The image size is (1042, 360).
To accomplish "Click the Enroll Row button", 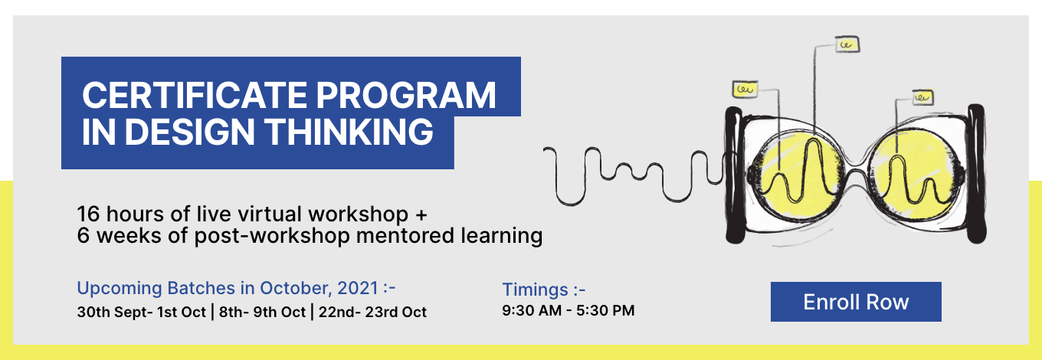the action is [x=856, y=301].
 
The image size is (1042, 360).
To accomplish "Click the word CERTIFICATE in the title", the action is [x=195, y=95].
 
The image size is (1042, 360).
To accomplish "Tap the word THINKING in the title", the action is [x=349, y=132].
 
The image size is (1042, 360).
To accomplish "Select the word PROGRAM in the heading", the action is [x=406, y=95].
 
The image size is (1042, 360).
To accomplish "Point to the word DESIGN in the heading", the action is [x=189, y=132].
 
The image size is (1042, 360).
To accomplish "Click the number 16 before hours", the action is [x=88, y=214].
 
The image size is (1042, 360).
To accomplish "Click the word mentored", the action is [x=405, y=235].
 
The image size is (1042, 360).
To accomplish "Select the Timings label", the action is [x=544, y=290].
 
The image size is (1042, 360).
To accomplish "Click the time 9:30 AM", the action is [x=532, y=310].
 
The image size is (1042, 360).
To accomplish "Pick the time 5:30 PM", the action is [x=605, y=310].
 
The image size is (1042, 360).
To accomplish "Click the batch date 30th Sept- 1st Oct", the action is [x=142, y=312].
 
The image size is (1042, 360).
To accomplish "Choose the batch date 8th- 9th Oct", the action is [x=262, y=312].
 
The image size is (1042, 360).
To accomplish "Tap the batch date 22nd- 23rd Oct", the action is [x=372, y=312].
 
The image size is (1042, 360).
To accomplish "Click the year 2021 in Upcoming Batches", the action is [x=357, y=288].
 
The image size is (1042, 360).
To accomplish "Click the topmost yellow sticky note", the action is [x=847, y=44].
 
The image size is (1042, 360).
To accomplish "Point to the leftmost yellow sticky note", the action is [x=745, y=89].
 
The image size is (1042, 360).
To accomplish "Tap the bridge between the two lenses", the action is [x=857, y=176].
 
